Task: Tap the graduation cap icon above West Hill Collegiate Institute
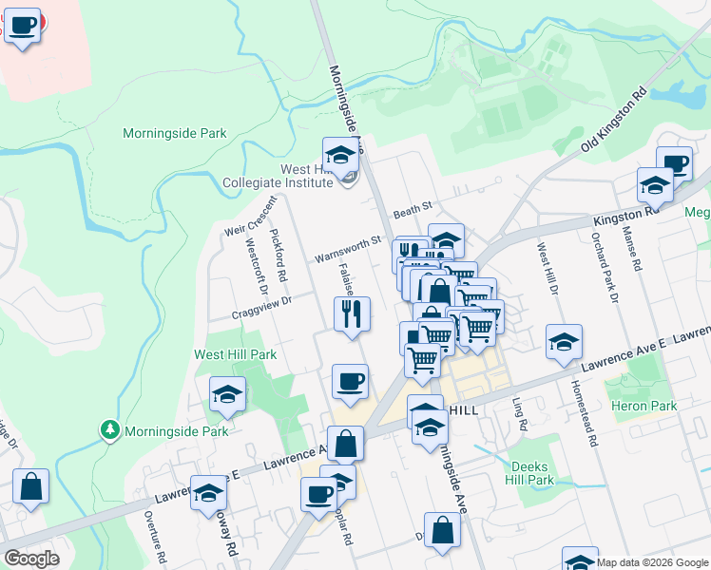point(339,154)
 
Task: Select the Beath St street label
point(413,206)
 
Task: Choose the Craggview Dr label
point(259,306)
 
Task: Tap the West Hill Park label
point(236,354)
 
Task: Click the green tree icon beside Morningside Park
point(111,430)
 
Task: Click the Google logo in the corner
point(31,559)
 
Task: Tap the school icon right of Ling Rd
point(564,342)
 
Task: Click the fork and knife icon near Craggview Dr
point(352,314)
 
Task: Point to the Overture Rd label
point(150,536)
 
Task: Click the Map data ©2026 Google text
point(651,562)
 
